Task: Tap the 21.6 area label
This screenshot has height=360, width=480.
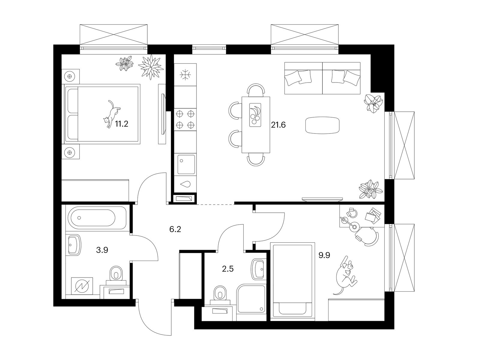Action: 278,125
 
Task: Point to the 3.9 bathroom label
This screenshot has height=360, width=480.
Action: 102,250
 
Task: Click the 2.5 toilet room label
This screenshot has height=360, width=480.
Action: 227,268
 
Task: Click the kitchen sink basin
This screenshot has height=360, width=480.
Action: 186,164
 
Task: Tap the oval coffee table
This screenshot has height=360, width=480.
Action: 322,125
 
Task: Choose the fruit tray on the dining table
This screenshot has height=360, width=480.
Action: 255,115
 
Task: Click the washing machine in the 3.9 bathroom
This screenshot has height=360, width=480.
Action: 82,288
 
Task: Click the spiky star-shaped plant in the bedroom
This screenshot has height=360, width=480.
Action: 151,67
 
